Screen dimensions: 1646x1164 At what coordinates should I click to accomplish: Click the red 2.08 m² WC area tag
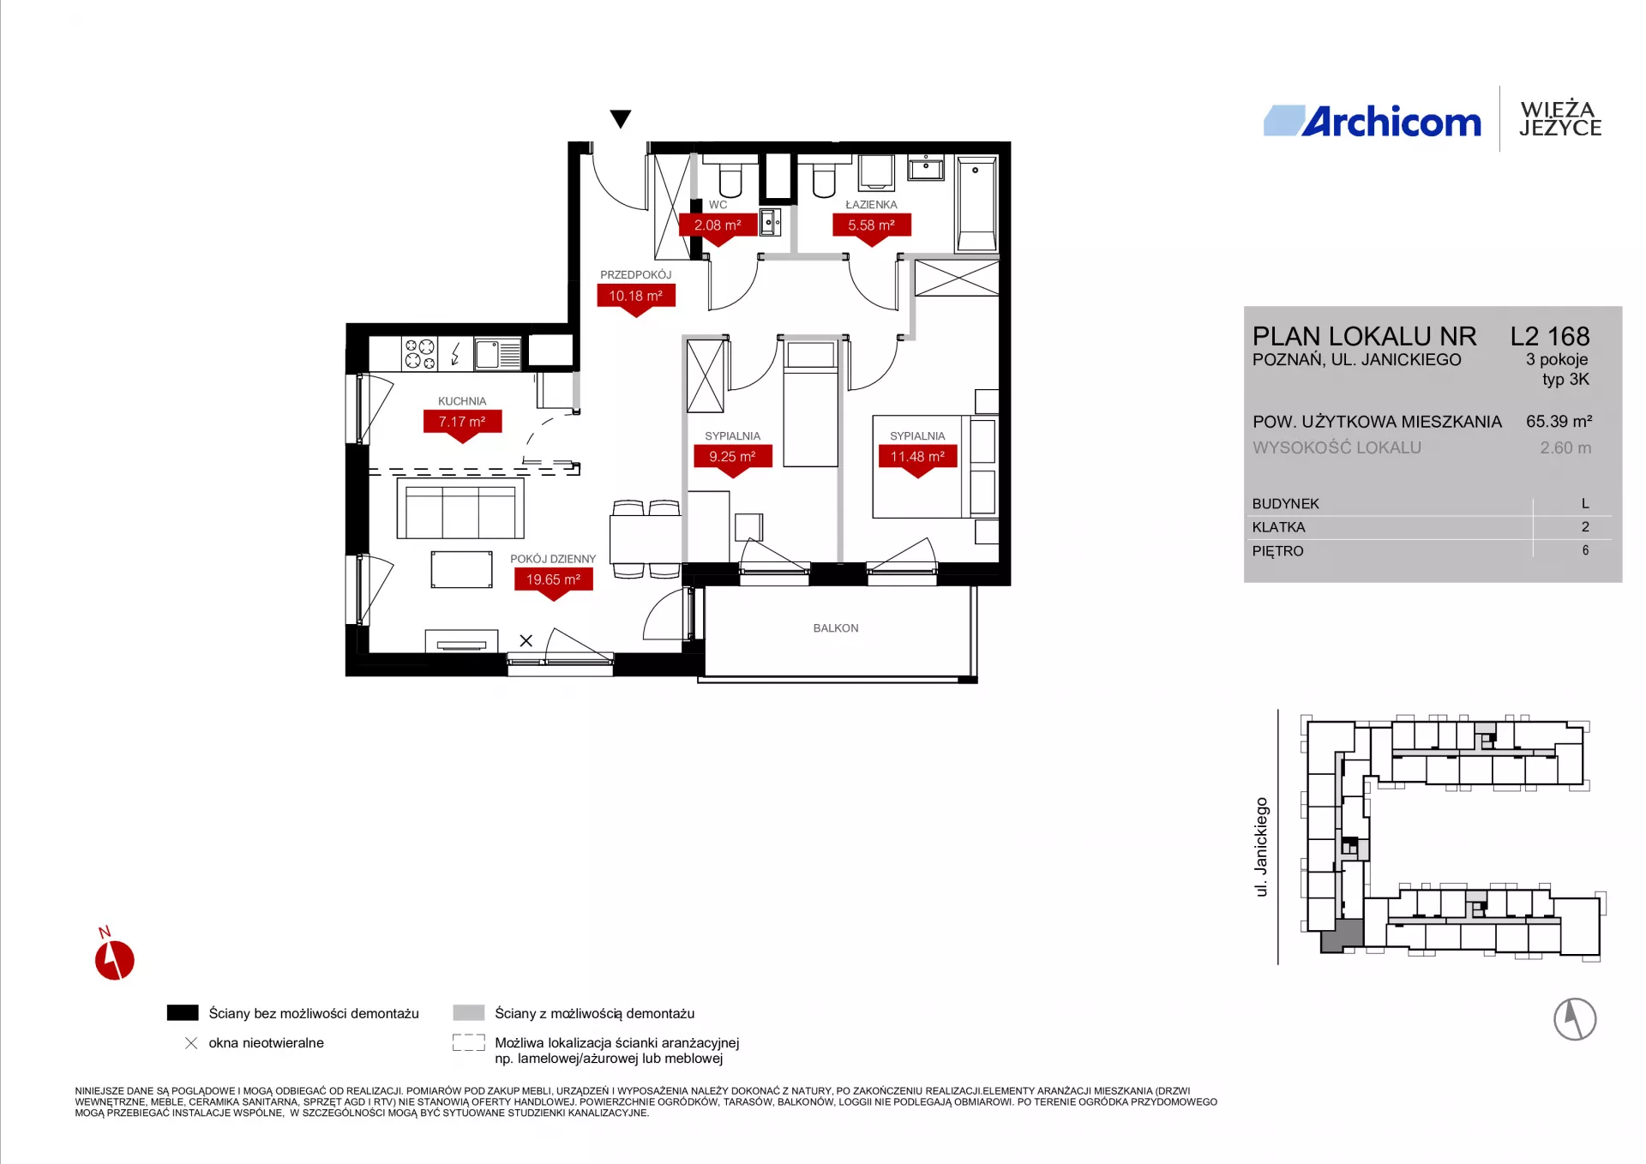pyautogui.click(x=718, y=225)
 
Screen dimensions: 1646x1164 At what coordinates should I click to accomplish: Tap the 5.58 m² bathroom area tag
pyautogui.click(x=871, y=225)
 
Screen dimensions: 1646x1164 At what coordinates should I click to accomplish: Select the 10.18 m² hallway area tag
pyautogui.click(x=635, y=297)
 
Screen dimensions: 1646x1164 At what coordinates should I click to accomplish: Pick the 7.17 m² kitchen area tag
pyautogui.click(x=462, y=422)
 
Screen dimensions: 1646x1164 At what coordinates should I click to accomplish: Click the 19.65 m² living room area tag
pyautogui.click(x=553, y=580)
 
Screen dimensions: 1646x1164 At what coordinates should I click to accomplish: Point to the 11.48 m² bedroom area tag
pyautogui.click(x=917, y=457)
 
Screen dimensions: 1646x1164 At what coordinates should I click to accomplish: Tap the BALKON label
pyautogui.click(x=836, y=628)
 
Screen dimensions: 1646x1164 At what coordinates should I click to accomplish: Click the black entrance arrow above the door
pyautogui.click(x=621, y=118)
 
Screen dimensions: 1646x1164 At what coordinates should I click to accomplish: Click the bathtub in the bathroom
pyautogui.click(x=976, y=203)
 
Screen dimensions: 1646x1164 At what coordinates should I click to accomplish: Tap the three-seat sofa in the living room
pyautogui.click(x=460, y=508)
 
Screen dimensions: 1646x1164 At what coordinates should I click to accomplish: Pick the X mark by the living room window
pyautogui.click(x=526, y=640)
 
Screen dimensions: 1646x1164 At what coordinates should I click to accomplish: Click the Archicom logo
pyautogui.click(x=1373, y=122)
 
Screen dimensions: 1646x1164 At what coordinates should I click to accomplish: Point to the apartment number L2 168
pyautogui.click(x=1550, y=336)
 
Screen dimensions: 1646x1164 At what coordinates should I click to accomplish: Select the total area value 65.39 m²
pyautogui.click(x=1559, y=422)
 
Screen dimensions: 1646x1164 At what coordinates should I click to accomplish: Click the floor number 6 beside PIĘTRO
pyautogui.click(x=1585, y=550)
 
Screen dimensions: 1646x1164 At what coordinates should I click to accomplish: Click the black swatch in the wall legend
pyautogui.click(x=183, y=1013)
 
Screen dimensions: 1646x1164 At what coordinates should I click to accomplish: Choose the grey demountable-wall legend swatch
pyautogui.click(x=469, y=1013)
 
